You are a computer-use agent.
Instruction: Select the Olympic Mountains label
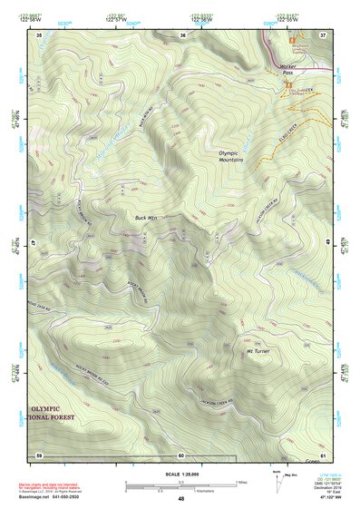point(231,156)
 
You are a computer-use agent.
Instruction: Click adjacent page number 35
point(39,34)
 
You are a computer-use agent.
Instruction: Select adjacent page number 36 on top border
point(182,34)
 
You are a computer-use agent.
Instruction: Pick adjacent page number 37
point(323,34)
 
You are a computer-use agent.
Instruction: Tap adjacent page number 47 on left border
point(34,243)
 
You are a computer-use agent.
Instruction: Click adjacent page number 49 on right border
point(327,243)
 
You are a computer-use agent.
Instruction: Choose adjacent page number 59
point(39,454)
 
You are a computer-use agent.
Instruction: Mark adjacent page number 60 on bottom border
point(181,454)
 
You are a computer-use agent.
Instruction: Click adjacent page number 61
point(324,454)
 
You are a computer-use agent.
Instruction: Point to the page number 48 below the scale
point(180,498)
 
